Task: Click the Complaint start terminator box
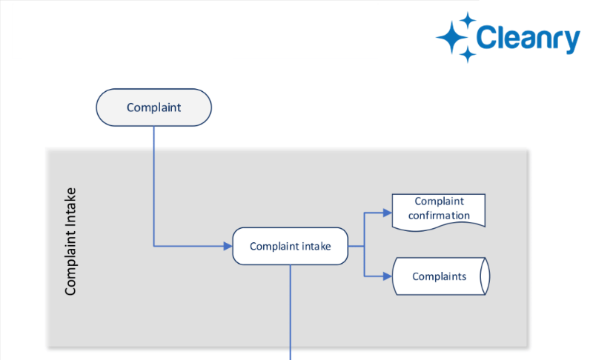[154, 107]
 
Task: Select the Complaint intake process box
[290, 246]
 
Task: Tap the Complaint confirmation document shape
[439, 212]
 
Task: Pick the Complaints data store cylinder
[441, 276]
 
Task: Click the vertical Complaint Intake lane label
[70, 241]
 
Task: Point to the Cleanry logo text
[528, 39]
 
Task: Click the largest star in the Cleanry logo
[452, 37]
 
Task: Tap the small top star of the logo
[468, 20]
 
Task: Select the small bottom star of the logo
[468, 55]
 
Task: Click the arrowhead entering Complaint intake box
[228, 246]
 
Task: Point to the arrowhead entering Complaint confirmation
[387, 213]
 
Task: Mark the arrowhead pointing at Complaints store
[387, 276]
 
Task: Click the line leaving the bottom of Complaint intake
[291, 313]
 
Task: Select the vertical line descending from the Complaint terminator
[154, 186]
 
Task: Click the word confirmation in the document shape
[439, 216]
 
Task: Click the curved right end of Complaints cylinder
[486, 276]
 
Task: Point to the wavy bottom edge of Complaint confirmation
[439, 226]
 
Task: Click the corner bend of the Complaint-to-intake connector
[154, 246]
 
